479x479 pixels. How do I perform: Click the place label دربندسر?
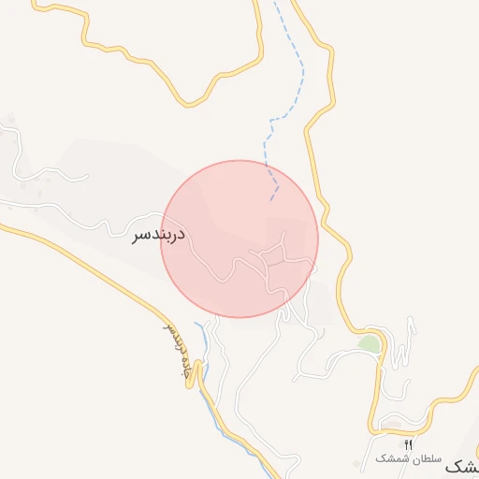click(159, 235)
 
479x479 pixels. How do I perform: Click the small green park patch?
click(370, 343)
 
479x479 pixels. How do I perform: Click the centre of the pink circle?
click(239, 239)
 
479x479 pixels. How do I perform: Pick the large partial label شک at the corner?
click(464, 465)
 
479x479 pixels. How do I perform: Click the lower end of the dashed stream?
click(271, 199)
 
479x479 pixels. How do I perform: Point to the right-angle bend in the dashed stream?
click(271, 121)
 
